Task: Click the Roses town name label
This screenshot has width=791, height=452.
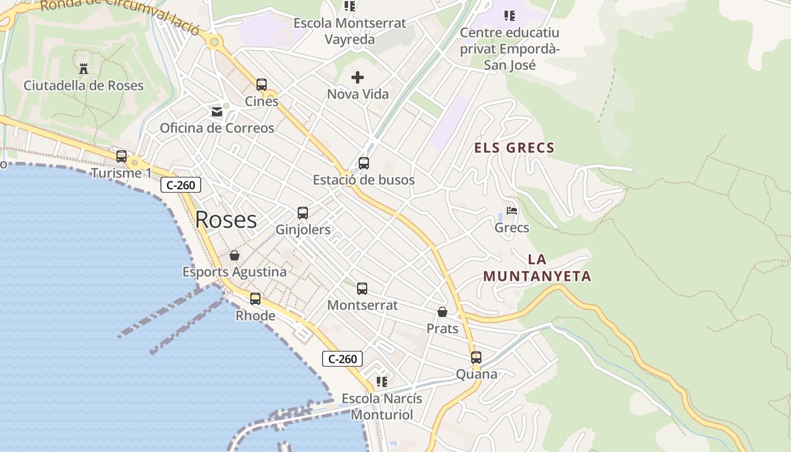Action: (x=225, y=220)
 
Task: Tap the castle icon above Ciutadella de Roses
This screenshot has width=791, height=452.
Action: (x=84, y=69)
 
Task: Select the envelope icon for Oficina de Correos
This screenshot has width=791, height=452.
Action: (x=217, y=112)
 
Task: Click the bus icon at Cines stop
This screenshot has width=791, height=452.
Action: (x=261, y=85)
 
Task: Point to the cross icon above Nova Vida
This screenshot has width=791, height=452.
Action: (x=358, y=77)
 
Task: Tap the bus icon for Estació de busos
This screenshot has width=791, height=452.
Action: (x=364, y=163)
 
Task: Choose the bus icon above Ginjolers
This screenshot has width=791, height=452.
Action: (x=303, y=213)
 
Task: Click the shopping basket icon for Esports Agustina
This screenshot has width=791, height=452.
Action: (x=234, y=255)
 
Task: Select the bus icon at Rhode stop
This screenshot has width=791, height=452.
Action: (x=255, y=299)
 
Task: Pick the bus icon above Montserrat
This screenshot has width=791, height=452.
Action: (x=362, y=289)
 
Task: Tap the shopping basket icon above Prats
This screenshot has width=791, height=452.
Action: (x=442, y=312)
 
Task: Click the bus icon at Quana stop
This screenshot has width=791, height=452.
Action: (x=476, y=358)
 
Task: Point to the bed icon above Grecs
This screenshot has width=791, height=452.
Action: (x=512, y=211)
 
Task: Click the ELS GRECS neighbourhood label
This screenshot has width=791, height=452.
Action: (x=514, y=148)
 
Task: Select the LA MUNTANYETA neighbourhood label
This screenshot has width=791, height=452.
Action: (x=537, y=268)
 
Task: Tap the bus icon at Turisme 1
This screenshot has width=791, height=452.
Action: (x=121, y=157)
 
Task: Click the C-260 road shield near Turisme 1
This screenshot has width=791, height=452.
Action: (x=181, y=185)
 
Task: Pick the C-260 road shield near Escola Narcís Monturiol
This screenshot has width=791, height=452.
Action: (x=342, y=359)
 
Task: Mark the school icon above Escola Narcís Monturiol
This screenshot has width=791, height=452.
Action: (x=382, y=382)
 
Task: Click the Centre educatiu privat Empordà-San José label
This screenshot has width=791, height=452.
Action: (x=510, y=49)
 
